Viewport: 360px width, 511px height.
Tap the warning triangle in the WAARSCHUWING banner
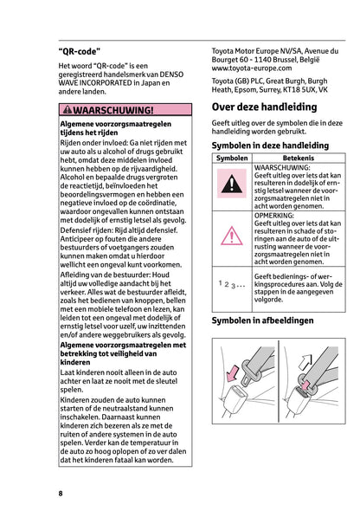point(67,111)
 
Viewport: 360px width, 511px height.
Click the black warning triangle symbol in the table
point(231,183)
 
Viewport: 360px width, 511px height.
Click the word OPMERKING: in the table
point(277,214)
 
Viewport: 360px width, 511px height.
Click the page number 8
point(61,493)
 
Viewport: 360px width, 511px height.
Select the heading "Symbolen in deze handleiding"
point(270,146)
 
